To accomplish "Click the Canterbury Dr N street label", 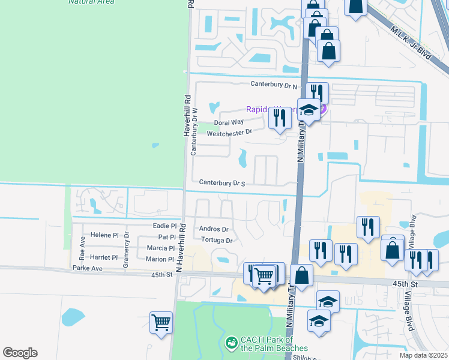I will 274,86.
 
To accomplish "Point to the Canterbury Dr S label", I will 221,182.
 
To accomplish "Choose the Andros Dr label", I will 214,229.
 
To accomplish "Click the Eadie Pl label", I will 164,226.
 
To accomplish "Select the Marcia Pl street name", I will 161,248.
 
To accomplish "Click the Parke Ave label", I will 88,268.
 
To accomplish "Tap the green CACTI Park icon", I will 230,343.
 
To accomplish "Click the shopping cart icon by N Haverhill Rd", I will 161,322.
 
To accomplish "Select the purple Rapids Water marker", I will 323,109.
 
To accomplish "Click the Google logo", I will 20,353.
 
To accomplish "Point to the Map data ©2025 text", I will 423,355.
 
